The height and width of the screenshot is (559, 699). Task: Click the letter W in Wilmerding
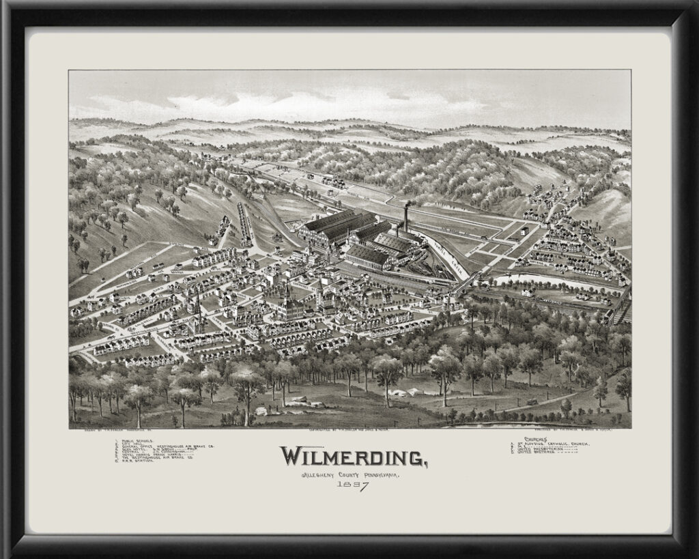pyautogui.click(x=294, y=456)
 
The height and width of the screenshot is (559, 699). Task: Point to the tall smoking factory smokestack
pyautogui.click(x=407, y=217)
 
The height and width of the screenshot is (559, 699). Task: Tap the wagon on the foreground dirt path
pyautogui.click(x=532, y=401)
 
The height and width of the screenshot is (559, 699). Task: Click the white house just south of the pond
pyautogui.click(x=527, y=292)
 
